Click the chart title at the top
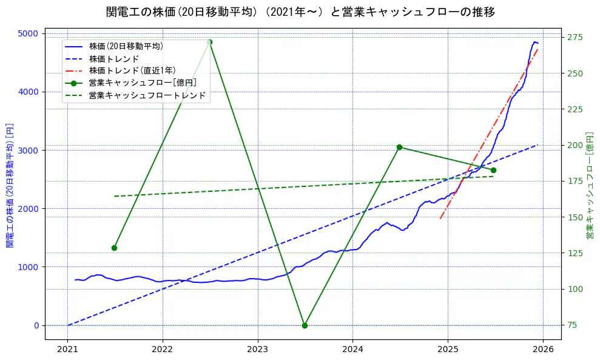[300, 12]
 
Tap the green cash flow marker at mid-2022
[209, 42]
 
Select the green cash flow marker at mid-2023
[305, 325]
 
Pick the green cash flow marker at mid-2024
[399, 147]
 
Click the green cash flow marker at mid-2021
[114, 248]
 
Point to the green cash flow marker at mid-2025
[493, 170]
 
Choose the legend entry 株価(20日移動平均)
[126, 46]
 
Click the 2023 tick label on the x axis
[258, 350]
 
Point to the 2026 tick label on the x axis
[543, 350]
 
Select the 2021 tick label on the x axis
[67, 350]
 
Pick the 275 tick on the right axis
[575, 38]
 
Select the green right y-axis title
[590, 185]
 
